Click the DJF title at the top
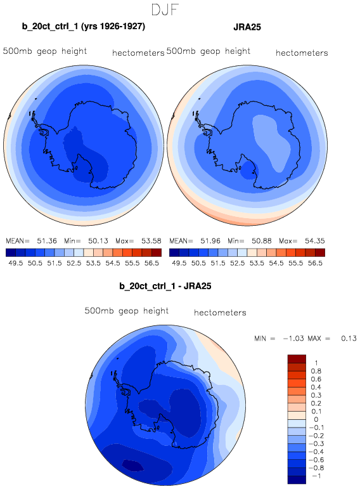(165, 10)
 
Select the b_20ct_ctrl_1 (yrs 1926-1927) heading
(84, 27)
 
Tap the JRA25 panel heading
(247, 27)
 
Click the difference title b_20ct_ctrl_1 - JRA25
(165, 286)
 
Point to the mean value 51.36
(47, 241)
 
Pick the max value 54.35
(315, 241)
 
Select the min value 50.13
(98, 241)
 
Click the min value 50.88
(262, 241)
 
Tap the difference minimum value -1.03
(293, 339)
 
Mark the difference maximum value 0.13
(349, 339)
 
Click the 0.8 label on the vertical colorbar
(316, 371)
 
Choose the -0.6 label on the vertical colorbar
(316, 460)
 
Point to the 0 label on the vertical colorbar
(316, 419)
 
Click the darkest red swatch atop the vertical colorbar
(297, 358)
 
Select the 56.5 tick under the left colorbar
(151, 263)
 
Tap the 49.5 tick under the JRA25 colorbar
(179, 263)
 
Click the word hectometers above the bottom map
(220, 313)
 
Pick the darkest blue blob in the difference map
(132, 465)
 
